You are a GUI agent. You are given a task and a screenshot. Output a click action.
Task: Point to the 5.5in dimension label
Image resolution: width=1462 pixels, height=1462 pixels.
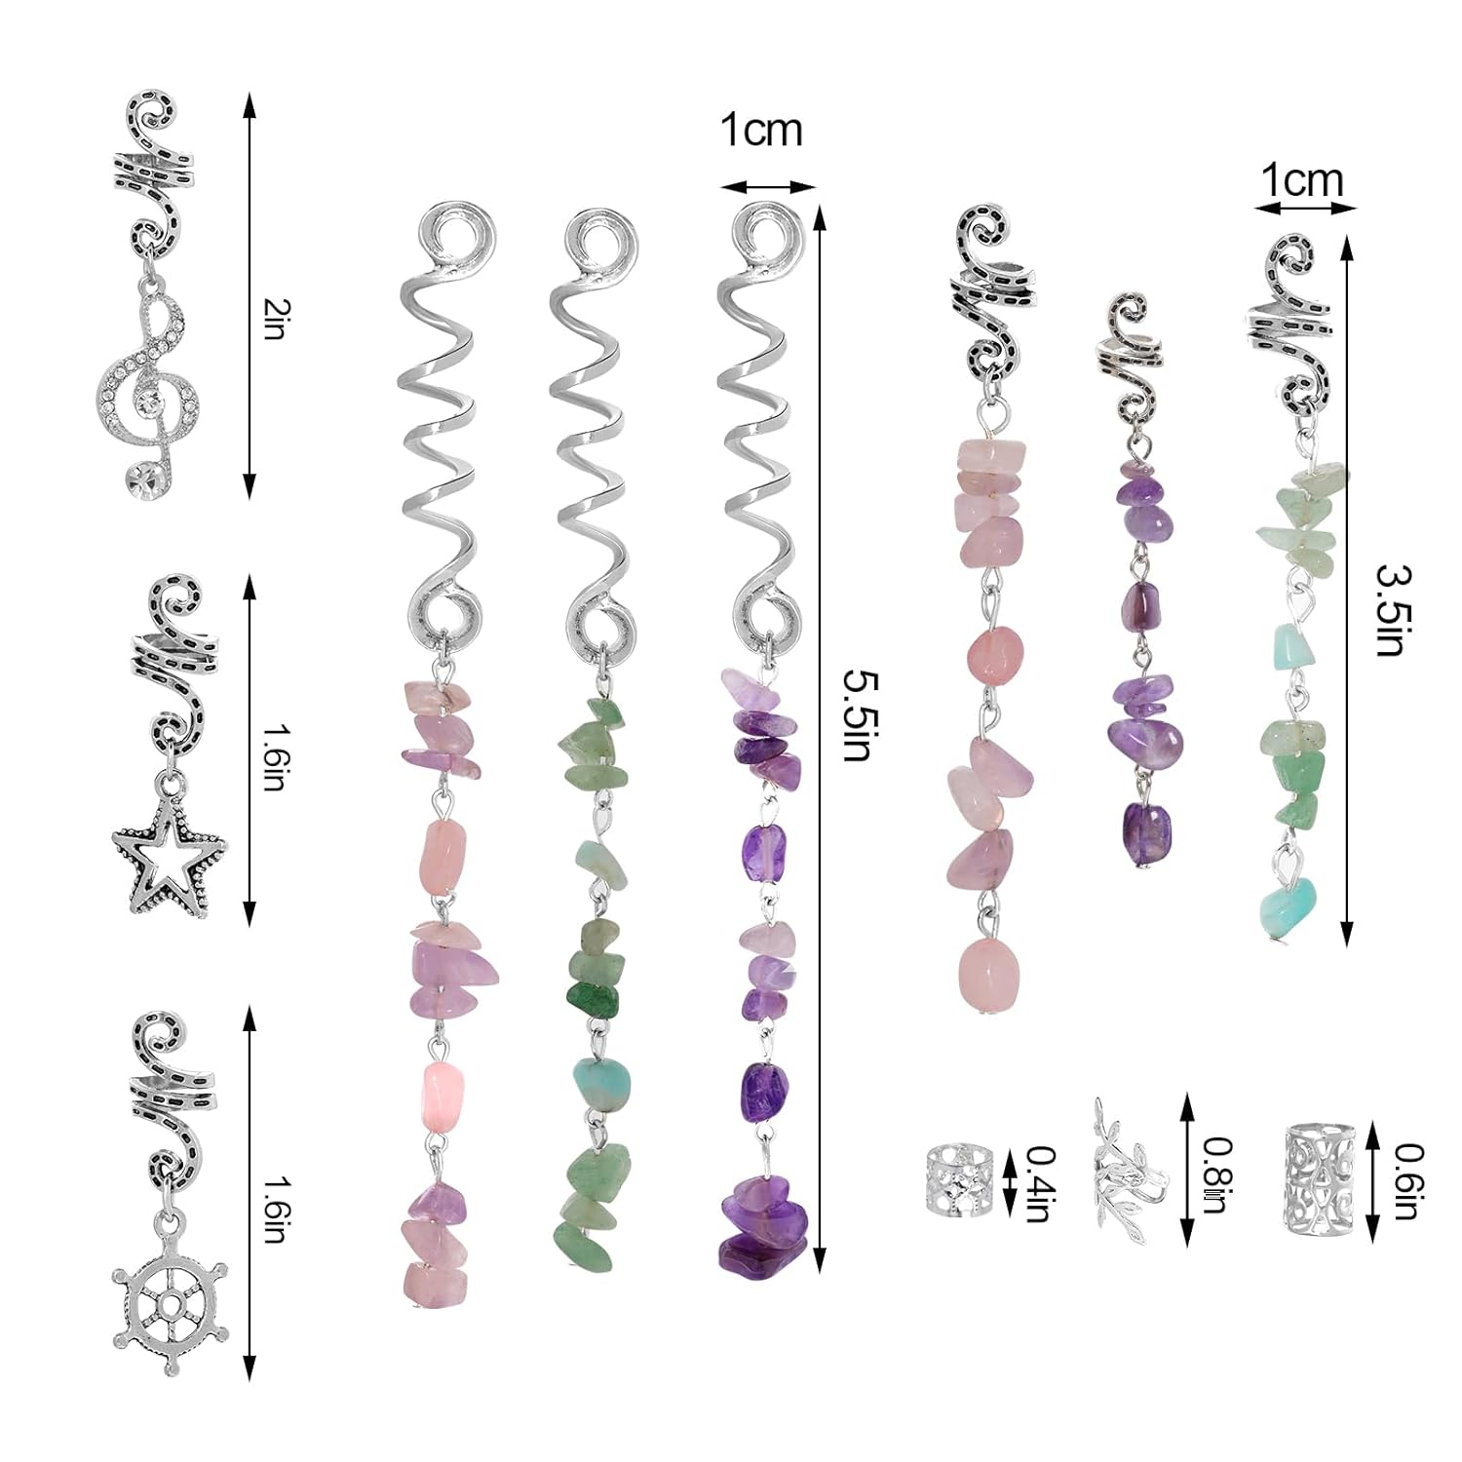click(857, 714)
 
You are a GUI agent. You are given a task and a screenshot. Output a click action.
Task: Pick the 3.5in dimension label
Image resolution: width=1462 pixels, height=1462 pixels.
click(1391, 609)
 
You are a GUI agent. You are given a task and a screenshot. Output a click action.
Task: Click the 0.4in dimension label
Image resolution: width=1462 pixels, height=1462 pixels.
click(1042, 1183)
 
